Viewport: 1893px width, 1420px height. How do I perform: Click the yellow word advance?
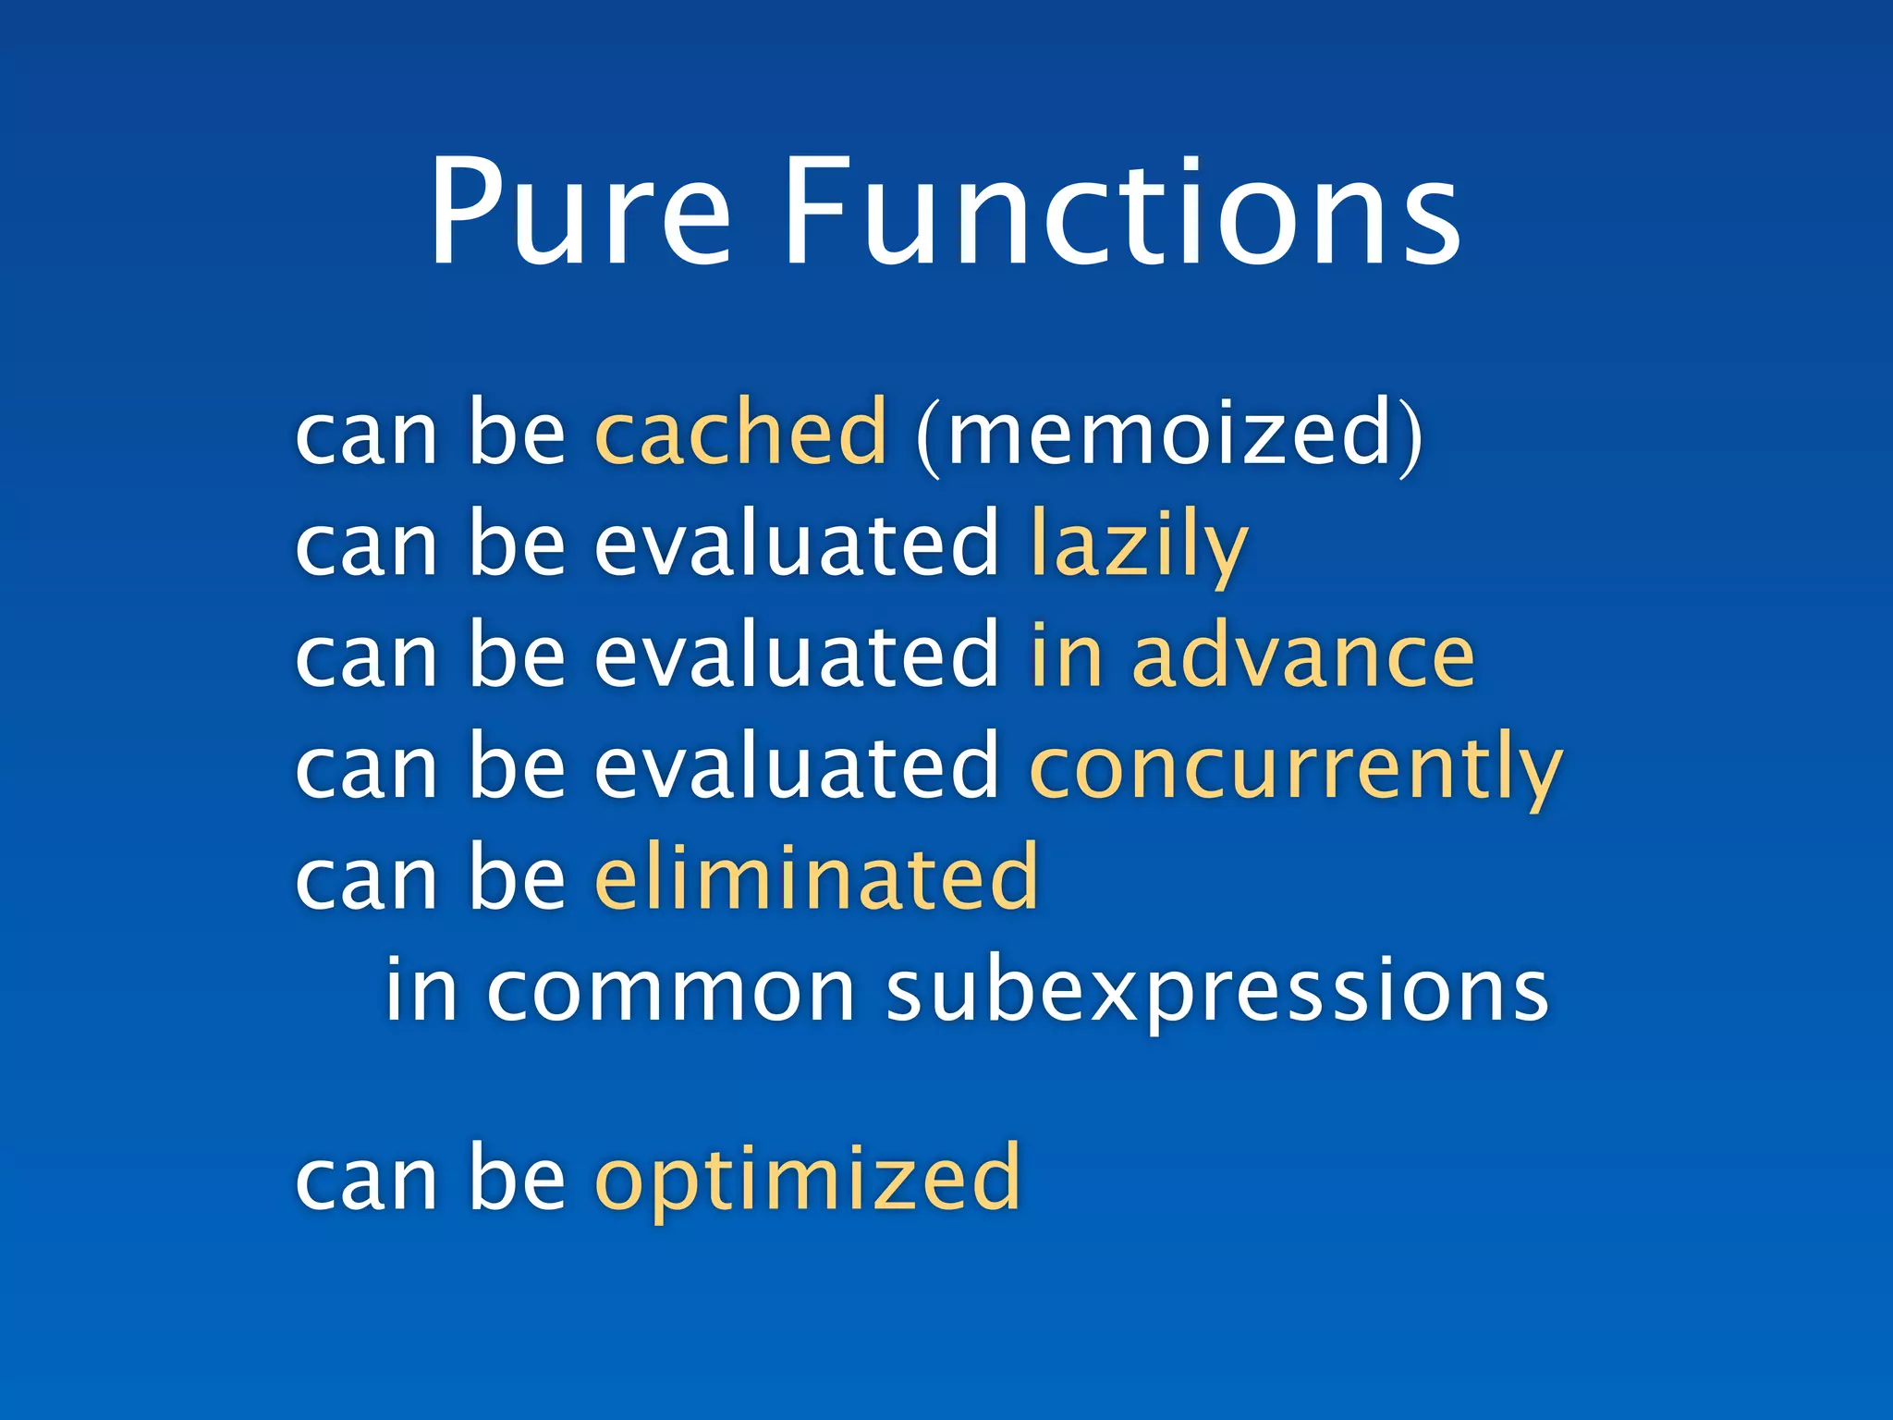point(1303,656)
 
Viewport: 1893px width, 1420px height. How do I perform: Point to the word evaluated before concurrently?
point(796,767)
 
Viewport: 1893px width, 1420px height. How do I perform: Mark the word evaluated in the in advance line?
point(796,656)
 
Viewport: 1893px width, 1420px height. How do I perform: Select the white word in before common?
point(421,989)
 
